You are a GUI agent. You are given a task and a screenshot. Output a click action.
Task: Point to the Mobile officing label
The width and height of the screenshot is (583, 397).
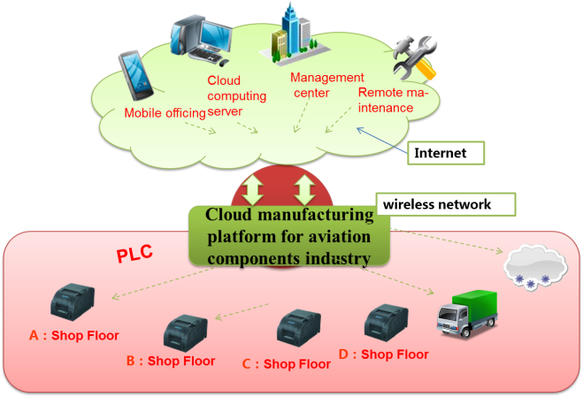click(x=165, y=112)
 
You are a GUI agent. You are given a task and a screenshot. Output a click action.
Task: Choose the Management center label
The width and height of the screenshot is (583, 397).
click(x=327, y=85)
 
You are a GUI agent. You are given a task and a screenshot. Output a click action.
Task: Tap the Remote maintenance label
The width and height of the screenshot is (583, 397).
click(x=392, y=100)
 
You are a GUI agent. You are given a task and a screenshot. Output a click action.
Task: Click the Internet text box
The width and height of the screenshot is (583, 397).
click(x=448, y=153)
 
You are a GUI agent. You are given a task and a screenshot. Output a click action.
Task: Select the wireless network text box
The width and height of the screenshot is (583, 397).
click(x=446, y=204)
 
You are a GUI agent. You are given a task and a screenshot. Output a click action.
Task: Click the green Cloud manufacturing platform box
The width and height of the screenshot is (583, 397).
click(x=289, y=236)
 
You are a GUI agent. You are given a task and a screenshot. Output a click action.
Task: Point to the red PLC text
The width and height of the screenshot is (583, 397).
click(x=135, y=254)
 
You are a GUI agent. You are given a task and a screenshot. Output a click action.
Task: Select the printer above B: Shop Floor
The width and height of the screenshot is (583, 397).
click(x=187, y=331)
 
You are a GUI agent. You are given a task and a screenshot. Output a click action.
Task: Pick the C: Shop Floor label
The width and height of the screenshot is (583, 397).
click(x=287, y=363)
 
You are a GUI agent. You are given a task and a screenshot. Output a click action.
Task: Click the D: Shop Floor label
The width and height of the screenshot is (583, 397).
click(x=383, y=355)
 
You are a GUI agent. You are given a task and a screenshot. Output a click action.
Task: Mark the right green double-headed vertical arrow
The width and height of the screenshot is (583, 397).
click(x=305, y=189)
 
